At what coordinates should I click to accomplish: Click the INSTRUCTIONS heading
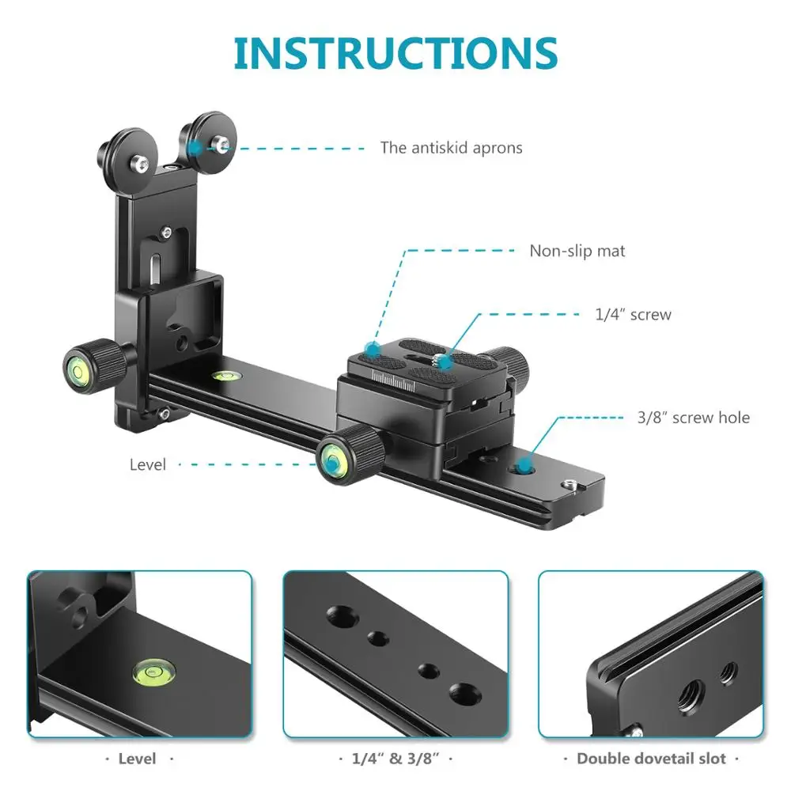pyautogui.click(x=395, y=54)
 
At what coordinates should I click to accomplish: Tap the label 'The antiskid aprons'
pyautogui.click(x=451, y=148)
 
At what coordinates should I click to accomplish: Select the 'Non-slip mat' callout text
pyautogui.click(x=577, y=251)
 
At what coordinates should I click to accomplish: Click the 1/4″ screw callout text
pyautogui.click(x=633, y=314)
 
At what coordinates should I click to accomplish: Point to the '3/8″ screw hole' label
pyautogui.click(x=693, y=417)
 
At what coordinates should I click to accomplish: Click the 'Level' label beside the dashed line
pyautogui.click(x=147, y=464)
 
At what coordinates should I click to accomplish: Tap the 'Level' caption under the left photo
pyautogui.click(x=137, y=759)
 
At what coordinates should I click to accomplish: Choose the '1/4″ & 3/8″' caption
pyautogui.click(x=395, y=759)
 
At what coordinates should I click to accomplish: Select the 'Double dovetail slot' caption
pyautogui.click(x=651, y=759)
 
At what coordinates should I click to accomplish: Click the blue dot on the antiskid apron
pyautogui.click(x=195, y=149)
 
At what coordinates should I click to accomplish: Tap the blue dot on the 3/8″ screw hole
pyautogui.click(x=524, y=465)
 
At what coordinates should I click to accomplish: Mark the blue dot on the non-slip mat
pyautogui.click(x=373, y=349)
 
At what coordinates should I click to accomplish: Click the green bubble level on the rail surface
pyautogui.click(x=225, y=375)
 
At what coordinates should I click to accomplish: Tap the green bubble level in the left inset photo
pyautogui.click(x=154, y=672)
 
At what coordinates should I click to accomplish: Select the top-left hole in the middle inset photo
pyautogui.click(x=341, y=616)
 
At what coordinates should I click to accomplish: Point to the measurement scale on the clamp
pyautogui.click(x=393, y=380)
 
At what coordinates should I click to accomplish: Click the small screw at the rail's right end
pyautogui.click(x=570, y=485)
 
